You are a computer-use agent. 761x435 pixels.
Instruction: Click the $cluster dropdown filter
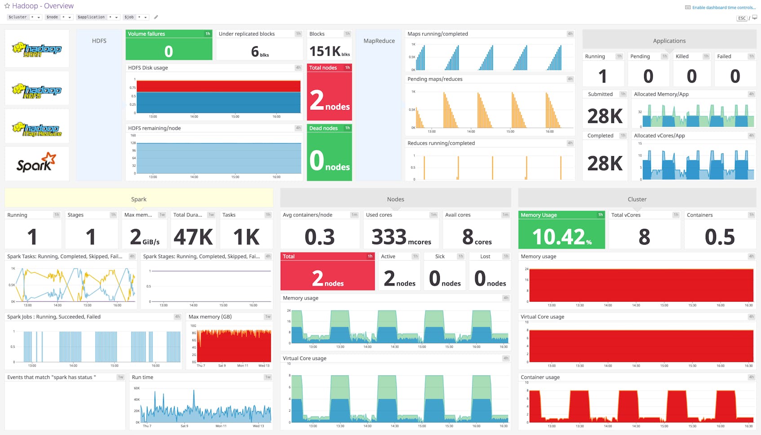[24, 17]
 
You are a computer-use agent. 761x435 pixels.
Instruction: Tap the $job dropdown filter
[136, 17]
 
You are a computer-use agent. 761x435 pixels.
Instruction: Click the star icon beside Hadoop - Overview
[7, 6]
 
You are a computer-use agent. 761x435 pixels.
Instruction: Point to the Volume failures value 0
[168, 51]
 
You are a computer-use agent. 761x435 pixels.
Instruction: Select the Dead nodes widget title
[323, 128]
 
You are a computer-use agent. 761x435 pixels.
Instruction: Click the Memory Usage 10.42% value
[562, 237]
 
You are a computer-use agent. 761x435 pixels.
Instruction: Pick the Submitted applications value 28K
[605, 116]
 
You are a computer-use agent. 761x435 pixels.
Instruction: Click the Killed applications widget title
[682, 57]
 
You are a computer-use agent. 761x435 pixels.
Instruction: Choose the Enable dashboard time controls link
[723, 8]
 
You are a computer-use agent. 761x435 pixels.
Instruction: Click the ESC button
[742, 18]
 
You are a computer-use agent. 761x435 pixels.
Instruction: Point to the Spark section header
[139, 199]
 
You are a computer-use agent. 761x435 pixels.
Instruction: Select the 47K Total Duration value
[193, 237]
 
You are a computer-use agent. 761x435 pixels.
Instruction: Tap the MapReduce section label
[379, 41]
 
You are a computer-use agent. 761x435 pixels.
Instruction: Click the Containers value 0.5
[720, 237]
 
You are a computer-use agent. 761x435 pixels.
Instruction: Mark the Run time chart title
[142, 378]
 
